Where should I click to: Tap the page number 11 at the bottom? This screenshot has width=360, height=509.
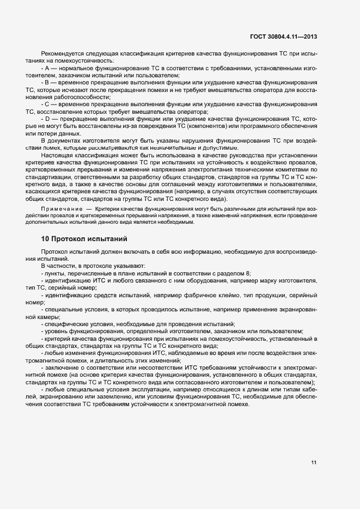tap(314, 463)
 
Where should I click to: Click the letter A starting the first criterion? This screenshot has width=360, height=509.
tap(46, 69)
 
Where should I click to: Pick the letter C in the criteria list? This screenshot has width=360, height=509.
tap(46, 103)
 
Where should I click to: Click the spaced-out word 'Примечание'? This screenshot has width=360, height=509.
tap(58, 209)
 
